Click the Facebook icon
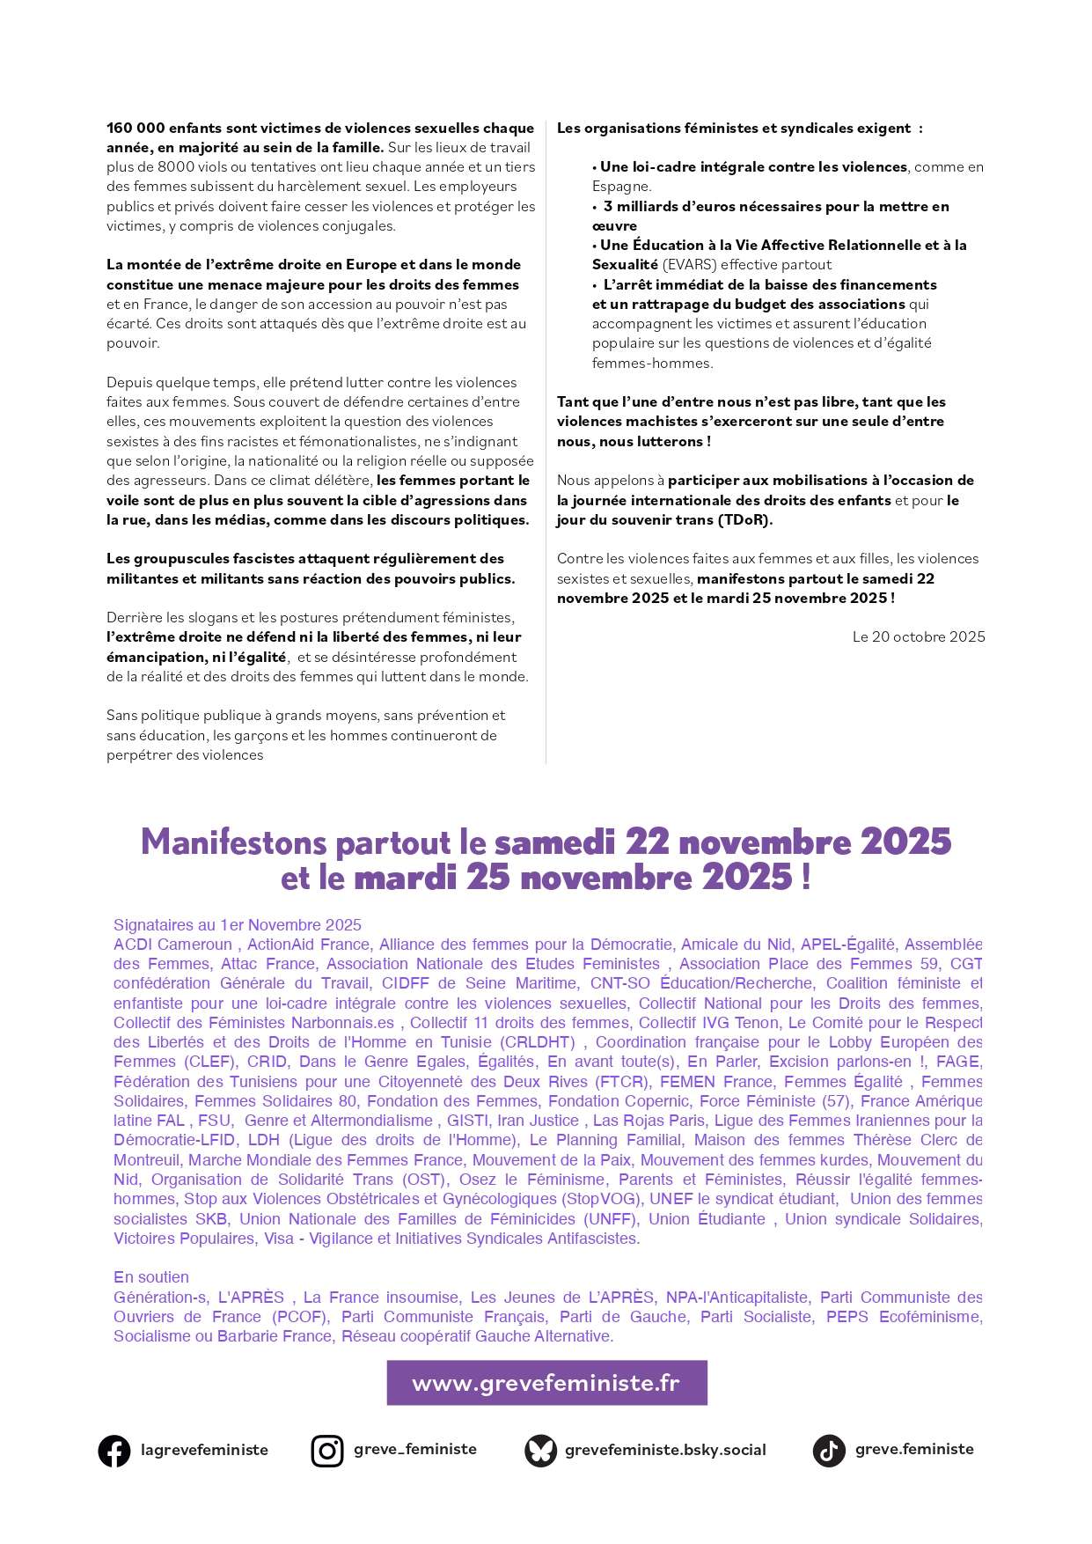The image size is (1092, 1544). click(x=114, y=1451)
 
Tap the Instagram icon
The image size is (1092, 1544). click(x=327, y=1451)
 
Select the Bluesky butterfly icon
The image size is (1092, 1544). click(x=540, y=1451)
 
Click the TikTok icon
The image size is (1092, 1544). click(x=829, y=1451)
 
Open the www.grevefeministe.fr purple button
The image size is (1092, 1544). click(x=546, y=1383)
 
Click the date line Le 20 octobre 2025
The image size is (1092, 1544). click(x=918, y=636)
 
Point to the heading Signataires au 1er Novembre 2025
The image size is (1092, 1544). click(x=238, y=925)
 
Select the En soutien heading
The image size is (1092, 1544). click(x=151, y=1277)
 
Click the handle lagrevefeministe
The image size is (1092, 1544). click(x=204, y=1450)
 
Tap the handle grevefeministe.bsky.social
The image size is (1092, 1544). click(x=665, y=1450)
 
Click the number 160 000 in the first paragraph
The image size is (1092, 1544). click(x=135, y=129)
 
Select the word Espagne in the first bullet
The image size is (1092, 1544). click(x=620, y=187)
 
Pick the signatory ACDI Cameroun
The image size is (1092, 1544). click(x=172, y=945)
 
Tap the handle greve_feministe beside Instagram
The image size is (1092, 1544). click(x=415, y=1449)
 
